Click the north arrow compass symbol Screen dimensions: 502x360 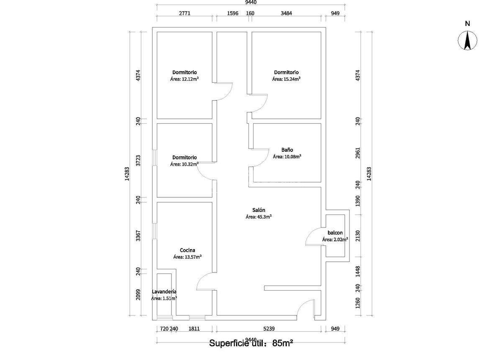(468, 41)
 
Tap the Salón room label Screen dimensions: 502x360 (259, 210)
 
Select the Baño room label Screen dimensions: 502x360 (287, 150)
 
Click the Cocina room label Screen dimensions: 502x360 (187, 250)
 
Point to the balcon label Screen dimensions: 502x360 (336, 233)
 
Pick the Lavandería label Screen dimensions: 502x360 (164, 292)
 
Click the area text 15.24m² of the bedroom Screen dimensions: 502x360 (287, 79)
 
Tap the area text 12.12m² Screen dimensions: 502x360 (184, 79)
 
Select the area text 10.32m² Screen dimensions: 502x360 (184, 164)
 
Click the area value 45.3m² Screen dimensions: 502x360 (259, 217)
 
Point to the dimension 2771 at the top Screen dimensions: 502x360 (184, 13)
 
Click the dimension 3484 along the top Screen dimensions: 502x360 (286, 13)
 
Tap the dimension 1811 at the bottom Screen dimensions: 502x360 (194, 329)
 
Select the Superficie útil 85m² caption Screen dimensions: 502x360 (251, 344)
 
